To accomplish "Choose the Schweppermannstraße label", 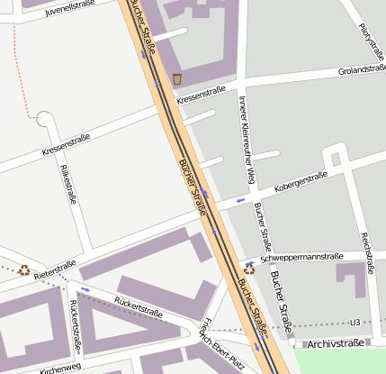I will (301, 258).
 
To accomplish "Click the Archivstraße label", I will (335, 343).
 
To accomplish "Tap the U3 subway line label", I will (354, 323).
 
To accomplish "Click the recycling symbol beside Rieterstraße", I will (24, 269).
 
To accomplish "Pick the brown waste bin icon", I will (177, 79).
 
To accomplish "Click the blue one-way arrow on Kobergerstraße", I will (239, 200).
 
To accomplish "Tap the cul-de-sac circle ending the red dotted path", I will (43, 118).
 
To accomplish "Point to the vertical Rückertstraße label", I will (76, 325).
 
